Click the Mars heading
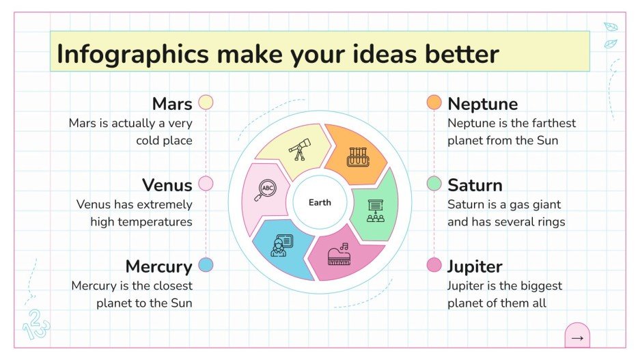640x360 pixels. tap(172, 104)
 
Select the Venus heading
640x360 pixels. tap(167, 185)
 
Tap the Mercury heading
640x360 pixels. tap(158, 266)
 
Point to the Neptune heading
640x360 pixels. tap(482, 104)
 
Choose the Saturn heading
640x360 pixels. tap(475, 185)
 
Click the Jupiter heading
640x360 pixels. tap(475, 266)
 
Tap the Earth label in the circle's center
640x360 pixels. tap(320, 202)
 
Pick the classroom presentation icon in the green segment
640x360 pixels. tap(375, 210)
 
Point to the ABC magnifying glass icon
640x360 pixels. tap(265, 191)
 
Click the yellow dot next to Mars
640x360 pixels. tap(206, 102)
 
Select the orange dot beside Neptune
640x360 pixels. tap(434, 102)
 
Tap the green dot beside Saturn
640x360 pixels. tap(434, 184)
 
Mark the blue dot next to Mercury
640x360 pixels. tap(206, 265)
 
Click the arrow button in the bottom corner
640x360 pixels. tap(577, 337)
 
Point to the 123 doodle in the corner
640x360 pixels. tap(36, 324)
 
